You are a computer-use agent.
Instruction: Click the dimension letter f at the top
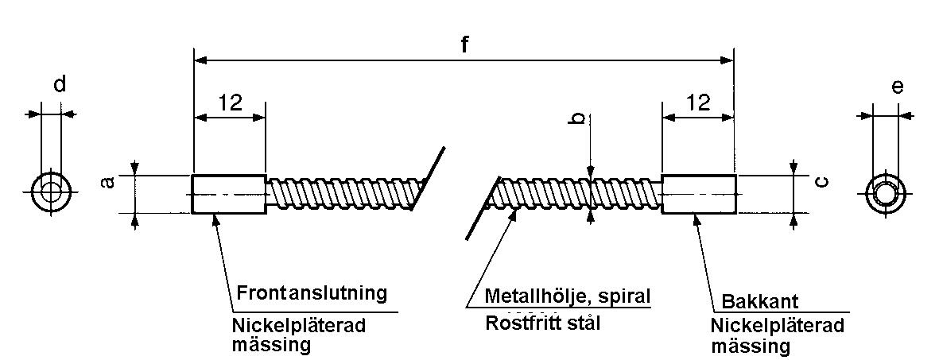464,45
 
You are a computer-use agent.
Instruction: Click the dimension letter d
60,85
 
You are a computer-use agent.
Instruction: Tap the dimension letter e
898,87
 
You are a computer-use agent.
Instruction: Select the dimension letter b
580,118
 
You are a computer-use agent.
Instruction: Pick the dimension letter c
823,181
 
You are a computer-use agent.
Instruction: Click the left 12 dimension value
229,102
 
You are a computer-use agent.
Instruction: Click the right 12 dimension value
697,102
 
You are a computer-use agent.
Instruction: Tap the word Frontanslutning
312,292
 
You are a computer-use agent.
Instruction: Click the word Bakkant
759,303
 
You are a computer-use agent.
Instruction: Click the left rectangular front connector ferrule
229,193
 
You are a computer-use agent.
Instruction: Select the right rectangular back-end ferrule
698,194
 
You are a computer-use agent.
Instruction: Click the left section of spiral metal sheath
342,192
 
